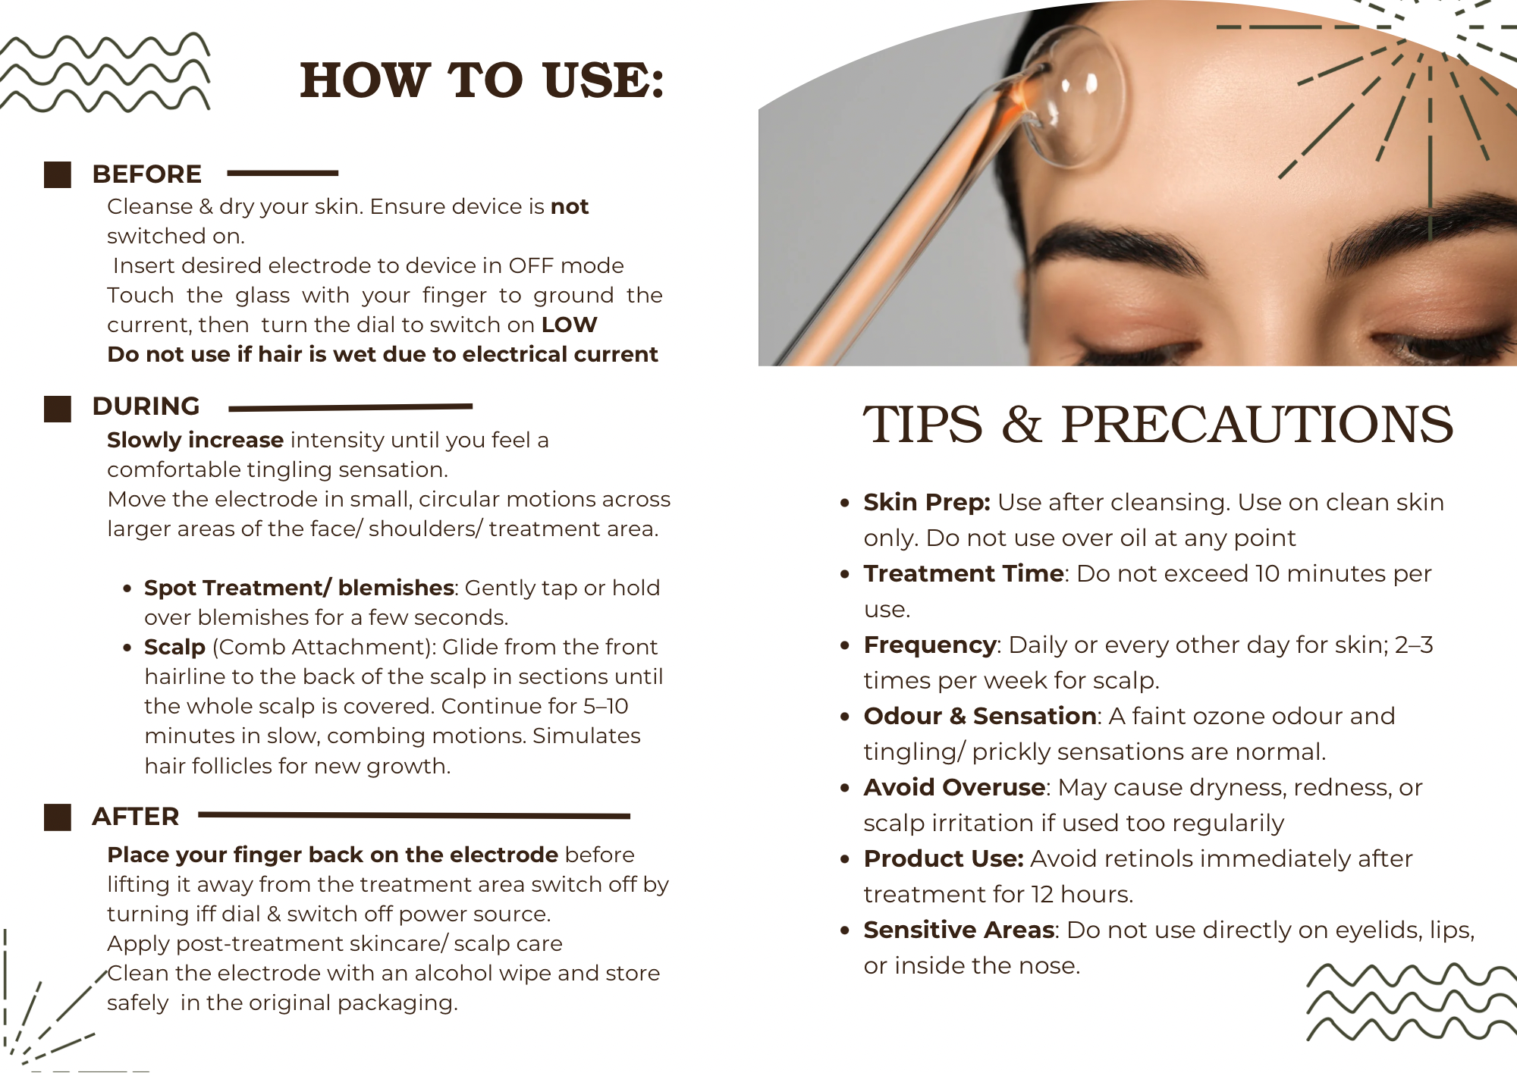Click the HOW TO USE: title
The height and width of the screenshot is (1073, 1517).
click(x=482, y=80)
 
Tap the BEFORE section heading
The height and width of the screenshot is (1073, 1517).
click(x=146, y=174)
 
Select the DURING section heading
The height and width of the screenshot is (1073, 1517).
click(x=146, y=406)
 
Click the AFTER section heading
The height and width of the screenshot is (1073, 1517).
click(x=135, y=817)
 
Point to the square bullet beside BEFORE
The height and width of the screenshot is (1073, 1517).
click(x=58, y=174)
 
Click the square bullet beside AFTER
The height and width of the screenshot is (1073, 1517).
click(x=58, y=817)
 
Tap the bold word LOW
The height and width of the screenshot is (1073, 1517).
click(x=569, y=325)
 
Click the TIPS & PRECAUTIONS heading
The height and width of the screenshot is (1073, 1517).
click(x=1157, y=424)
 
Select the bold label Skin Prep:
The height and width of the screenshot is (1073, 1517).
click(x=926, y=502)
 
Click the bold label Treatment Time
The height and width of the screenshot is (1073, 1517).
click(x=963, y=573)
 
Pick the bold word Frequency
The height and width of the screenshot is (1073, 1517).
click(x=930, y=645)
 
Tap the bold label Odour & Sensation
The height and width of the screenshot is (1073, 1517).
click(x=979, y=716)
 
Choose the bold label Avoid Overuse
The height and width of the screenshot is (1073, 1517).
click(x=954, y=787)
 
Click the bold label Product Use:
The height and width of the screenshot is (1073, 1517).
click(x=943, y=858)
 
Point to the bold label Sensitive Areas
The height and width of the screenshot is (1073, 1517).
click(x=959, y=930)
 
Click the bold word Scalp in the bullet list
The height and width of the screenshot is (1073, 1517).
click(x=174, y=647)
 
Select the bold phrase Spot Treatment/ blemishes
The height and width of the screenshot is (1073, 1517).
click(x=299, y=588)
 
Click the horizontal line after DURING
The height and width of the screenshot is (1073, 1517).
click(x=350, y=408)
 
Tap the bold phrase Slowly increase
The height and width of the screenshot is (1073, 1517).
click(x=195, y=440)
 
